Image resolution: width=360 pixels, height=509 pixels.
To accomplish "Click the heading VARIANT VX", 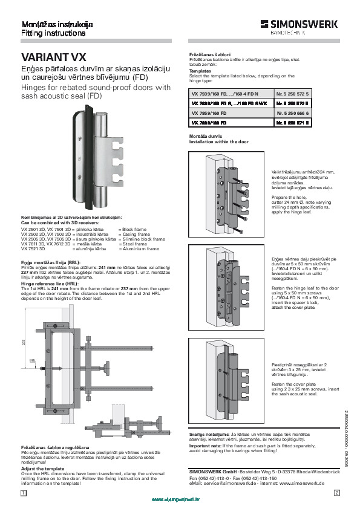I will (x=54, y=58).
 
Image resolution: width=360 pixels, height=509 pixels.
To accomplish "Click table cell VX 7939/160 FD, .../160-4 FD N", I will (x=225, y=95).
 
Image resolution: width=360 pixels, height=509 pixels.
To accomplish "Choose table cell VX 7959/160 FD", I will (x=209, y=113).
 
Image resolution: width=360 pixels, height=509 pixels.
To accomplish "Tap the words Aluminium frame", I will (x=139, y=248).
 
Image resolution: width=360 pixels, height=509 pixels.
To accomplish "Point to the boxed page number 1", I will (x=23, y=493).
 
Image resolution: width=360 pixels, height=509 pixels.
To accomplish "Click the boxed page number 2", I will (x=336, y=493).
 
